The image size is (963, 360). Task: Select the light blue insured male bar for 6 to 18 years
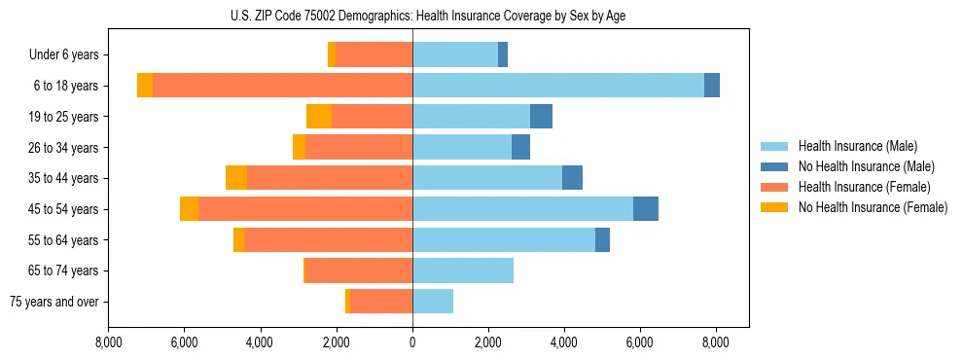557,86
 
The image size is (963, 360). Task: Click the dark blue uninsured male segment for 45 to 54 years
645,209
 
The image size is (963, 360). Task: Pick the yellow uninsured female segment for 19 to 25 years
319,117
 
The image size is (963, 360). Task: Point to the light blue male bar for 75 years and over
433,302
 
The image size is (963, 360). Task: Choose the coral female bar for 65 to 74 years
359,270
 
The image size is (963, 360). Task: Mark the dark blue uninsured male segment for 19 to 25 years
541,117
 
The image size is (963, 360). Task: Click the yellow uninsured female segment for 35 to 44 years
236,178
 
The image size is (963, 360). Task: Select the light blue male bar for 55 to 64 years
504,240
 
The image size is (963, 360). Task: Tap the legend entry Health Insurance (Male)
857,146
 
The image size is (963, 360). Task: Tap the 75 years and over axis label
53,302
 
